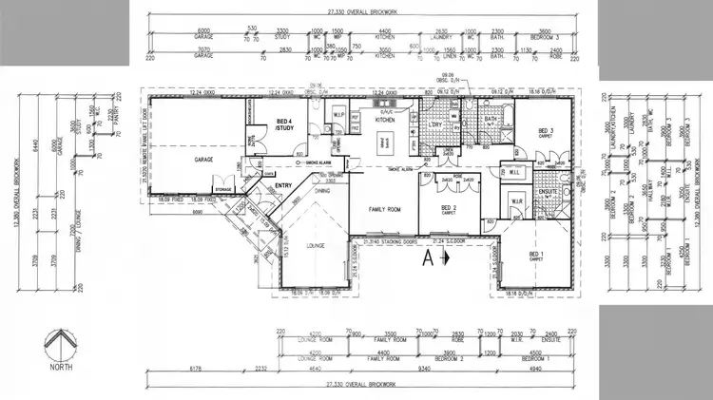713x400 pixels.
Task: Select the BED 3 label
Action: pos(546,131)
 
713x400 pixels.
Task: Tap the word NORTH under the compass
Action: pos(61,367)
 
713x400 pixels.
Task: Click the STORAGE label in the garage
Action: pos(222,189)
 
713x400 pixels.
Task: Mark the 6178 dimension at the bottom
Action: pos(197,366)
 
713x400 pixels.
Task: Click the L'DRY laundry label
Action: pos(437,124)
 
